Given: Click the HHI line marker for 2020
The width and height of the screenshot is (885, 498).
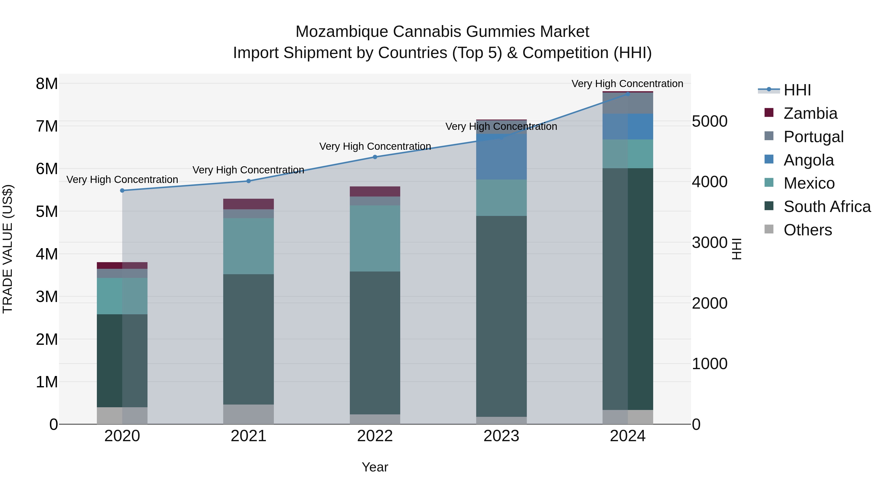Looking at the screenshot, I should click(x=122, y=190).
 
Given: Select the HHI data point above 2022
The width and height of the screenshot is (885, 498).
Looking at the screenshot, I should click(x=375, y=157).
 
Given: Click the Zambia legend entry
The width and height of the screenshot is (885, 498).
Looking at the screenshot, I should click(x=810, y=113).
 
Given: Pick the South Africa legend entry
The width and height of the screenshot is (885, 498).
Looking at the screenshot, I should click(x=826, y=207).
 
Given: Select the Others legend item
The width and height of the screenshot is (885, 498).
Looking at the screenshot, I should click(x=807, y=230).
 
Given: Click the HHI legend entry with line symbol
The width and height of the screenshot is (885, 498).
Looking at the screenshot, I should click(x=797, y=90).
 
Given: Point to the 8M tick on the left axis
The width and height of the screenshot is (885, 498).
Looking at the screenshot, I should click(x=47, y=84).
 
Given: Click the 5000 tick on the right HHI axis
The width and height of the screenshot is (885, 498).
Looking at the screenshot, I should click(x=709, y=121).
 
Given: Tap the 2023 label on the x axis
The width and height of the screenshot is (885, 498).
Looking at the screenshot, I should click(x=501, y=436).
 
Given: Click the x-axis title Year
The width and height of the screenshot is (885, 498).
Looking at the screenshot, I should click(x=375, y=467).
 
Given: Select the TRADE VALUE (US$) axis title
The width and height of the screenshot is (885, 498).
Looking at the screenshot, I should click(x=8, y=249).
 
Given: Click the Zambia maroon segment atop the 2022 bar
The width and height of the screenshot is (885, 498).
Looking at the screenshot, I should click(x=375, y=191).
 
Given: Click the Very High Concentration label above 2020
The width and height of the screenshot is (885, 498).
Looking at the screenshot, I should click(x=122, y=180).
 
